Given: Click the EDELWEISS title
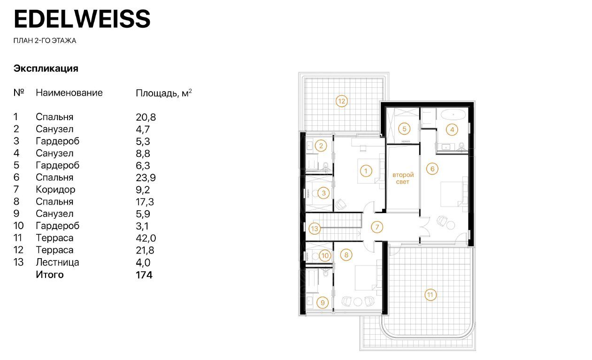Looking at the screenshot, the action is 82,19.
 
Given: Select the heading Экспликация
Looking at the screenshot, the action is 46,69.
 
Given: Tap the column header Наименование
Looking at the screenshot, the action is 69,93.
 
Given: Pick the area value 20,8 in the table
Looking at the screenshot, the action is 146,117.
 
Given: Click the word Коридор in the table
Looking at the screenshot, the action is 55,190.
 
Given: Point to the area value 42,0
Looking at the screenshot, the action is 146,238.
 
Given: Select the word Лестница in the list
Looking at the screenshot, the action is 57,262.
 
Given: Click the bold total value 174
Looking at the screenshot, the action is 144,275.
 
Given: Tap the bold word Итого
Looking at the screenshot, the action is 50,275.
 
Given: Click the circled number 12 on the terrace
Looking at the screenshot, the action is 341,101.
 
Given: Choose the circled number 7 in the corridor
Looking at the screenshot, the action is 377,227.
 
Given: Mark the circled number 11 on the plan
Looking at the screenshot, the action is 430,295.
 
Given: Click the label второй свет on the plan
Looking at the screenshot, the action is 403,178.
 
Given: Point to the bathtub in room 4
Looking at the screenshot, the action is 453,115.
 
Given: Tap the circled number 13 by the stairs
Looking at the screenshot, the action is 315,229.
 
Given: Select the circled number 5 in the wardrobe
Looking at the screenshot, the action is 404,129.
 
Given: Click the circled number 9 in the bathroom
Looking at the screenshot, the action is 323,303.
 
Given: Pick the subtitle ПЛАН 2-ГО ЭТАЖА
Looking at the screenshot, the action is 45,41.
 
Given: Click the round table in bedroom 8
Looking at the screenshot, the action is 358,302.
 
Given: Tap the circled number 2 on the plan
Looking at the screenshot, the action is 321,146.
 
